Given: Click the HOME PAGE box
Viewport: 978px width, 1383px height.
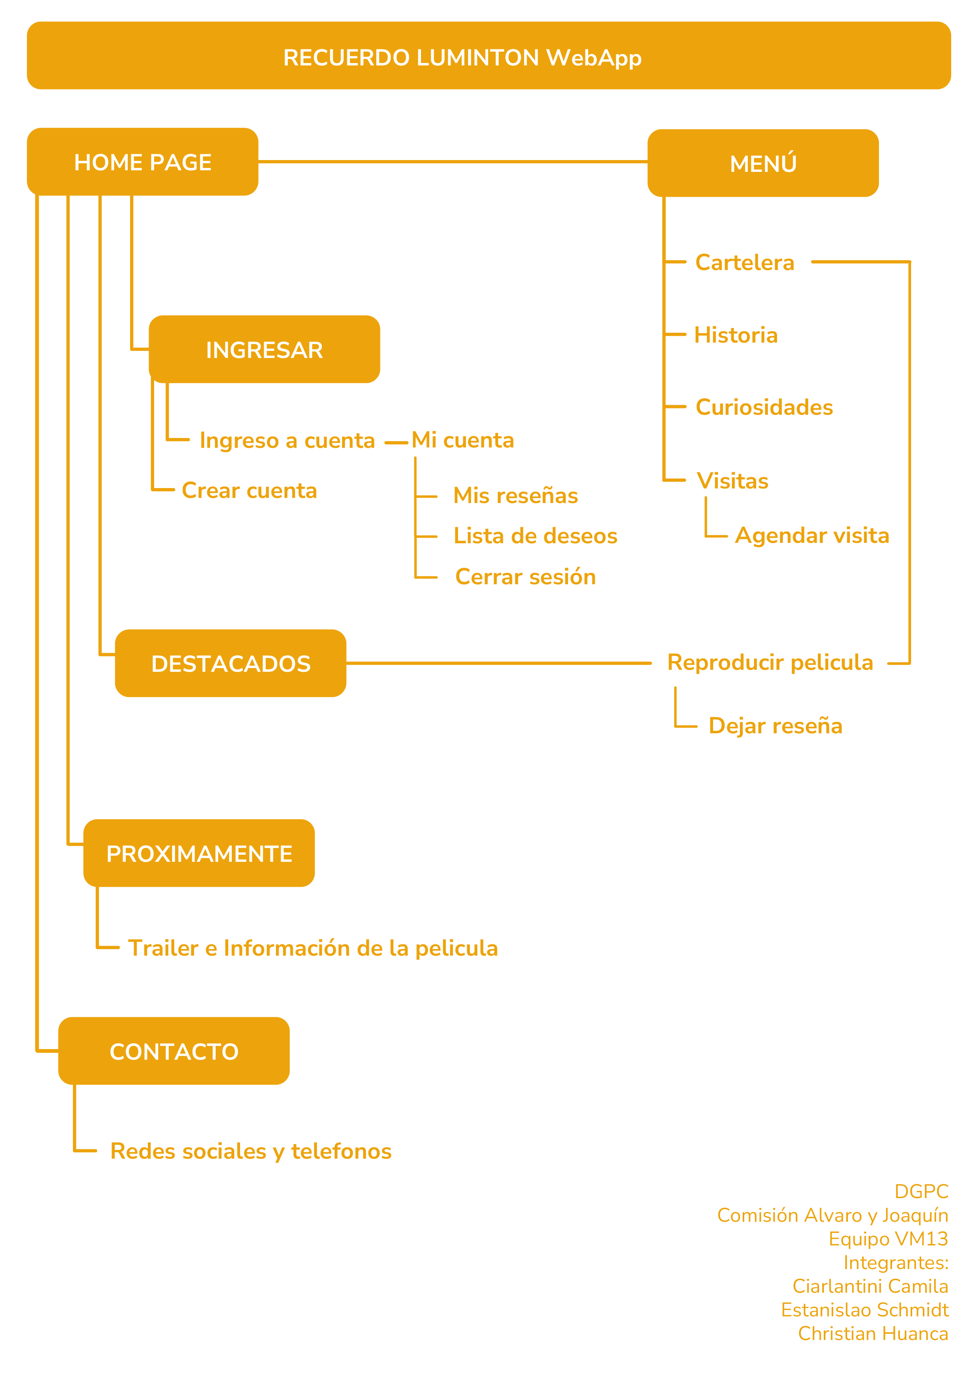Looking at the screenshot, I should click(x=143, y=162).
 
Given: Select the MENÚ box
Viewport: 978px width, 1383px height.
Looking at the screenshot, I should click(x=763, y=163).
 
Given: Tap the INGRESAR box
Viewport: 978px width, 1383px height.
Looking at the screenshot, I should click(x=265, y=349).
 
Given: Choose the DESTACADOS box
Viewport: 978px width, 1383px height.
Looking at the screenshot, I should click(x=231, y=663).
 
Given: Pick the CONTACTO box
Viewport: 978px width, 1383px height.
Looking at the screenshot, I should click(x=174, y=1051).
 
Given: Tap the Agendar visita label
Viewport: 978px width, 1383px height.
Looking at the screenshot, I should click(x=812, y=535).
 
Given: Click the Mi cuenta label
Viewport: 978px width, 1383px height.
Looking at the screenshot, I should click(x=462, y=440).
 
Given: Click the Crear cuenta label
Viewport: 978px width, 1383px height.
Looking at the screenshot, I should click(x=249, y=490).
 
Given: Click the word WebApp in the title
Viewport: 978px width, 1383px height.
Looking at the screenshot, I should click(x=594, y=58).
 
